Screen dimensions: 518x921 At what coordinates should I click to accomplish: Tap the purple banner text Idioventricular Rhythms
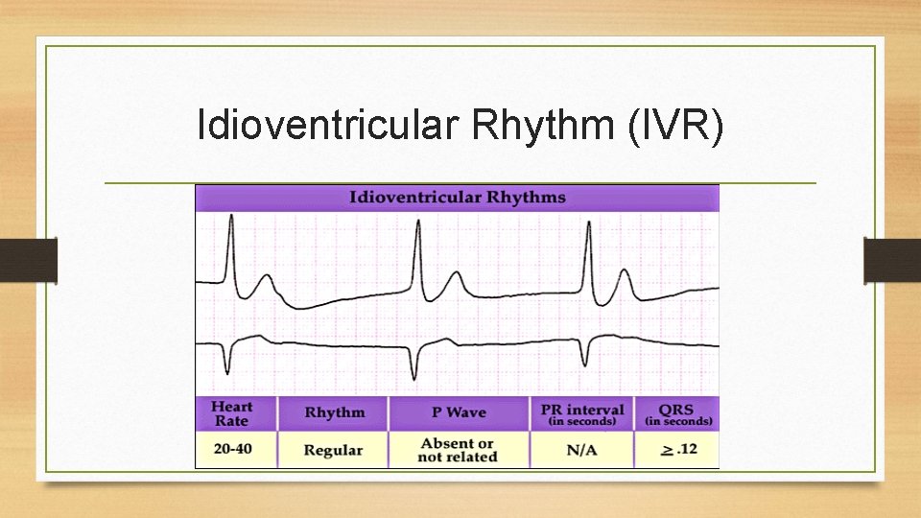point(457,198)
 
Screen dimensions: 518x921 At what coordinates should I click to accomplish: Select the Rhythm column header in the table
point(334,413)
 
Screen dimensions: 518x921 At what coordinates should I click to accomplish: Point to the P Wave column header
point(458,412)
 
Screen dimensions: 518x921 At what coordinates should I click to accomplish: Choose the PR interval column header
point(581,413)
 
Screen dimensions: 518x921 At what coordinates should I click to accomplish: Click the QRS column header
point(677,413)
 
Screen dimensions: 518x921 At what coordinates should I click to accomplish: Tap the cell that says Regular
point(333,450)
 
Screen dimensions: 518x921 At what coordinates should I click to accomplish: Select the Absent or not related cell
point(458,450)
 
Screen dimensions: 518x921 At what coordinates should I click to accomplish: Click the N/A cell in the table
point(581,449)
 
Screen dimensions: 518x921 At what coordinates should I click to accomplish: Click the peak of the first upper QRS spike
point(230,217)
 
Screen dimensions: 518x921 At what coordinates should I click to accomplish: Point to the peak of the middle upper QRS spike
point(417,222)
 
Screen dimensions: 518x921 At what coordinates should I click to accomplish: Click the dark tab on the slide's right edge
point(891,260)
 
